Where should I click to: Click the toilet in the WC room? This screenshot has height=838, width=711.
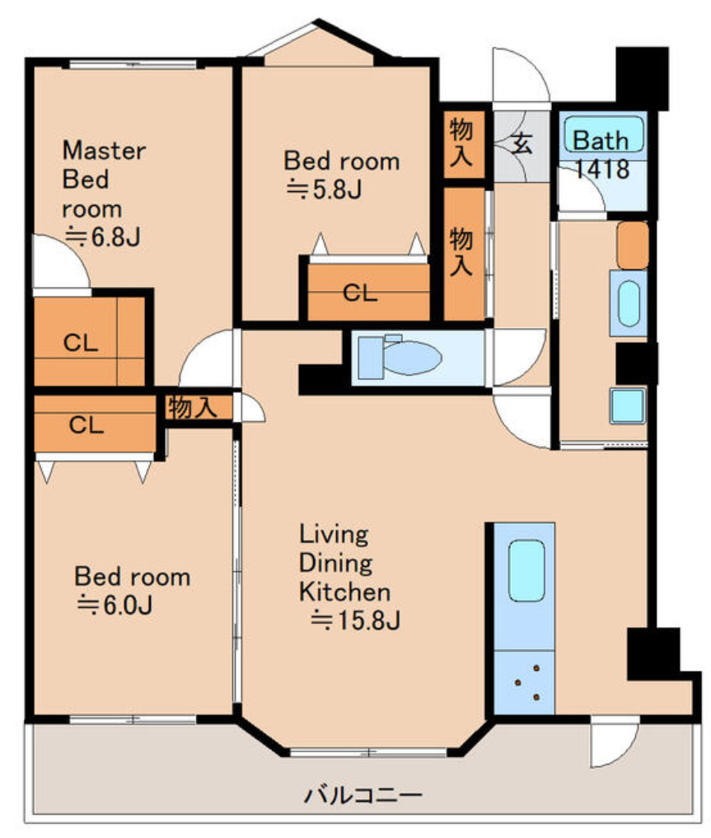400,357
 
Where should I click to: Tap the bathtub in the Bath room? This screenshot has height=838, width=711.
604,134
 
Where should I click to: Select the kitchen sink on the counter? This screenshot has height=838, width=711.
526,571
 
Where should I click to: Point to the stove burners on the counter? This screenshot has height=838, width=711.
527,682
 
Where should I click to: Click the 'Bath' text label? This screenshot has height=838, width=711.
601,141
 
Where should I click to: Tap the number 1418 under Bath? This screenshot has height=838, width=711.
602,169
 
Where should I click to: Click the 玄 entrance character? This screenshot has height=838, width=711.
521,143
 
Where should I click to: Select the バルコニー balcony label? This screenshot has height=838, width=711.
363,794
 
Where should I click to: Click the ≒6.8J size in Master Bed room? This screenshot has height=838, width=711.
102,236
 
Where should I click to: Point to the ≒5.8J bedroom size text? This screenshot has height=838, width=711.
324,190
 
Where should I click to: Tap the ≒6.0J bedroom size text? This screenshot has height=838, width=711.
115,605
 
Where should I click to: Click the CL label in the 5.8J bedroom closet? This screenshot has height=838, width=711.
360,293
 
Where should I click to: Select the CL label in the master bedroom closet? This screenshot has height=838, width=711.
81,343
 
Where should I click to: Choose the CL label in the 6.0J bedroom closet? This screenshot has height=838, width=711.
86,425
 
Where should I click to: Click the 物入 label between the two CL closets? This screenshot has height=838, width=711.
193,408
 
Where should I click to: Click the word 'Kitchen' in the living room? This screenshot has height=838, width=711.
344,592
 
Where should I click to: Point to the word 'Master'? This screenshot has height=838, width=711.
104,151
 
